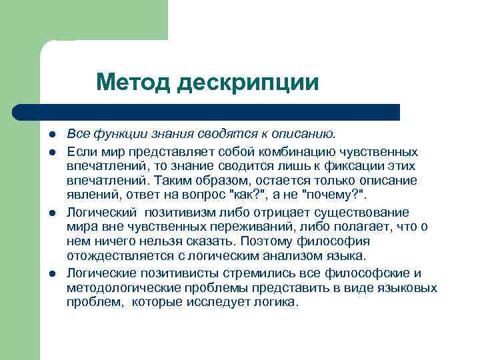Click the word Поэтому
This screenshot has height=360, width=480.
click(x=267, y=241)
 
